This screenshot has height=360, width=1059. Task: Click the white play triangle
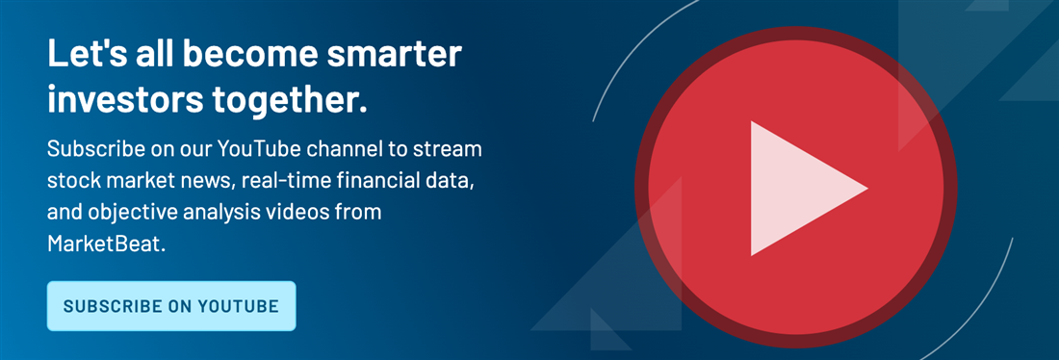[x=797, y=189]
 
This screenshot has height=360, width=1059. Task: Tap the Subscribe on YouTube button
[x=171, y=306]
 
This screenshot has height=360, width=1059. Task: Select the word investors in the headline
[x=126, y=100]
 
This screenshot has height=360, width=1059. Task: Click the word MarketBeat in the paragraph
[x=106, y=244]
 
